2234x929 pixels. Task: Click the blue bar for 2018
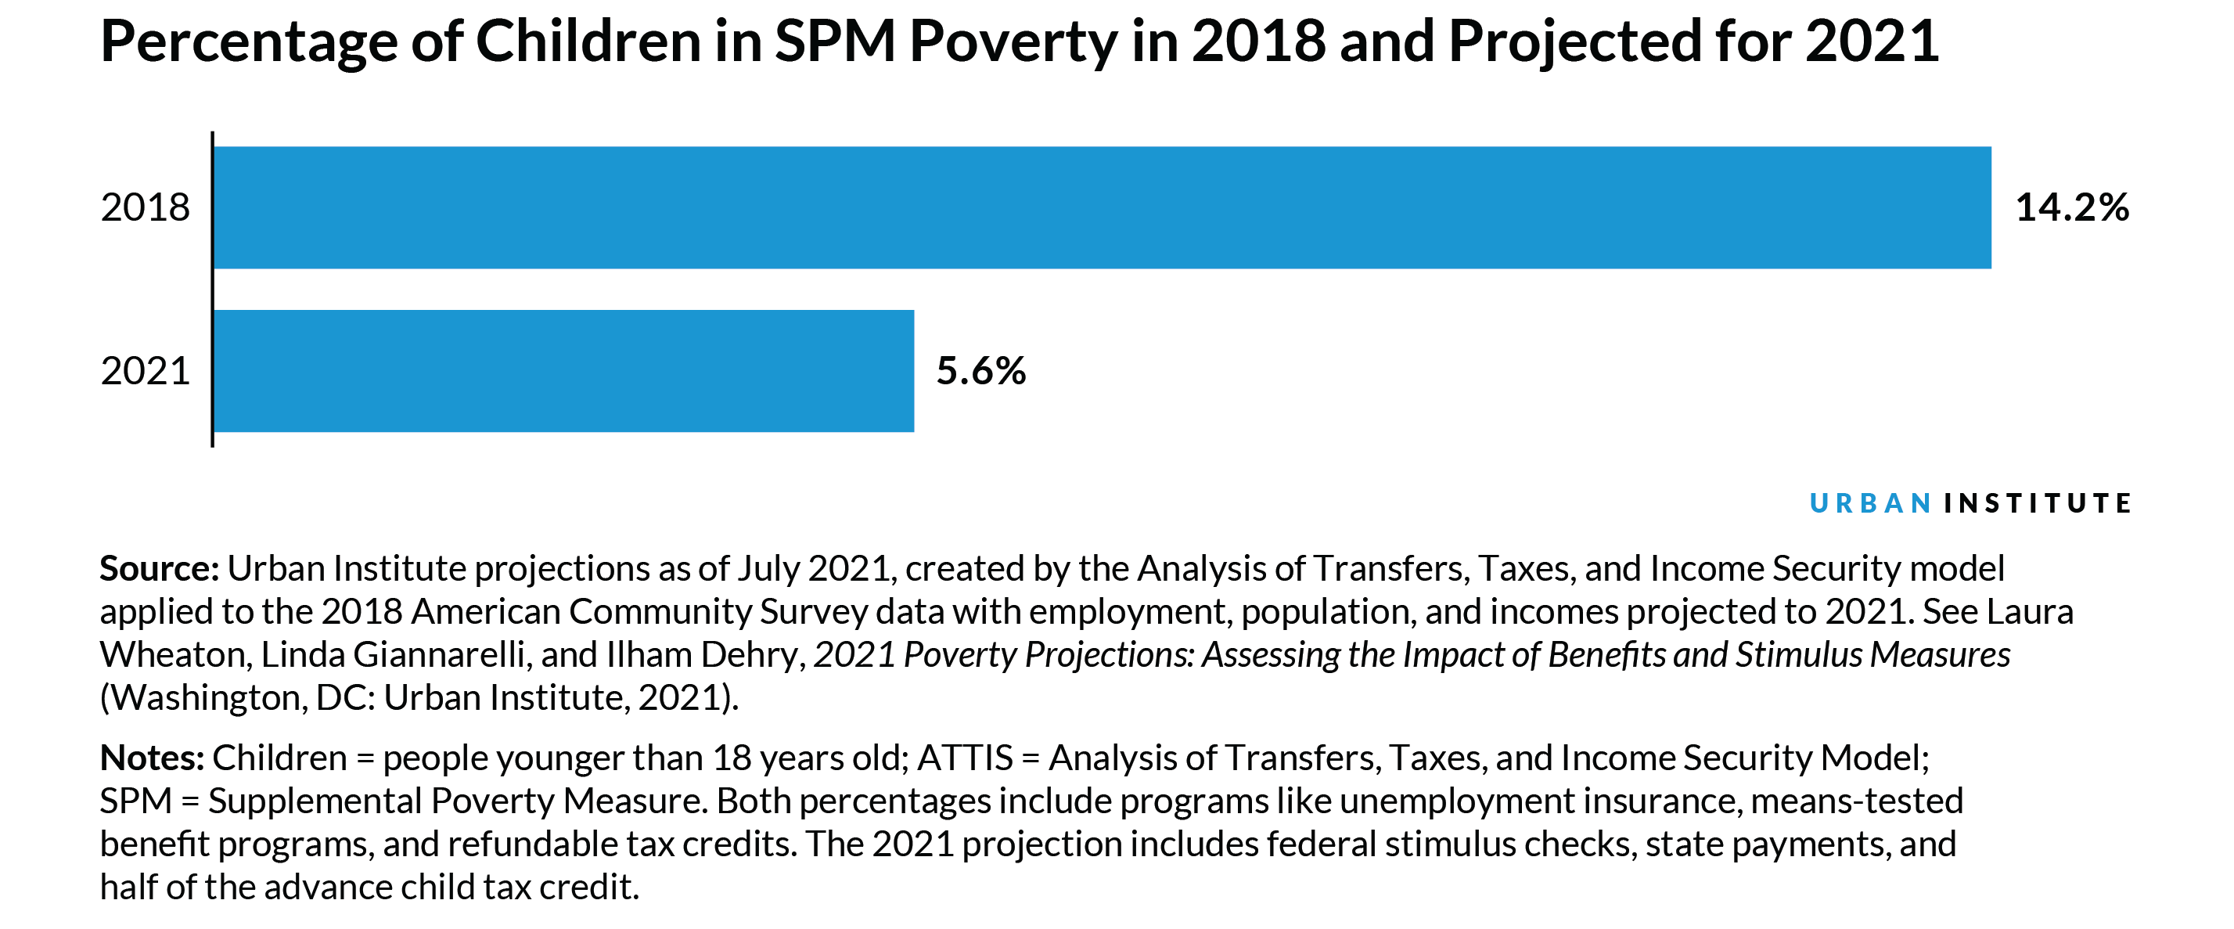tap(1102, 207)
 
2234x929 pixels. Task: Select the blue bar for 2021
tap(563, 370)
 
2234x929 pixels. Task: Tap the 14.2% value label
tap(2071, 207)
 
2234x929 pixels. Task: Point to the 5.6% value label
tap(980, 370)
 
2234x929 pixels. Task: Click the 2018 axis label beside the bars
tap(145, 207)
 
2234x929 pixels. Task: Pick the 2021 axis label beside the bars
tap(145, 370)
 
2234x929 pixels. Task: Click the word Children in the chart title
tap(588, 41)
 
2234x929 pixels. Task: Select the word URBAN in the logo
tap(1870, 503)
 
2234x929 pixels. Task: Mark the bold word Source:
tap(160, 569)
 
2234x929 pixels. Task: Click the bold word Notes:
tap(152, 758)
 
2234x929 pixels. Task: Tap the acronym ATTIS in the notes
tap(964, 758)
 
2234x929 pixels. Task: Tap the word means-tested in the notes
tap(1857, 801)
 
